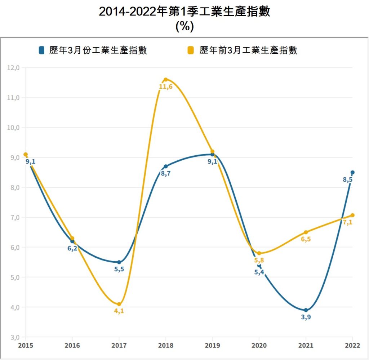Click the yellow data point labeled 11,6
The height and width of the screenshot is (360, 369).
[166, 80]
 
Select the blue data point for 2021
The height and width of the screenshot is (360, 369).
[306, 310]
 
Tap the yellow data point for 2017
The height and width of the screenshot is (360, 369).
[119, 304]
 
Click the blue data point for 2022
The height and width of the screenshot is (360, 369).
[352, 172]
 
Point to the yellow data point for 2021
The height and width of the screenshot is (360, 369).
[306, 232]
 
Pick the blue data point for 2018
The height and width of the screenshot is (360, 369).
[166, 166]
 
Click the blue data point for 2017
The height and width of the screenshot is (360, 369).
[119, 262]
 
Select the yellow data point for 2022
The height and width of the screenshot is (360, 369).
[352, 215]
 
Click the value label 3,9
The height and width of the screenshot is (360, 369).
[306, 317]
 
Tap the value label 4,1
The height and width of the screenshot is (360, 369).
[119, 311]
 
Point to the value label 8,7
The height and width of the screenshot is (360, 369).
[166, 174]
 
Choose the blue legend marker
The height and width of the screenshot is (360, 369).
[42, 50]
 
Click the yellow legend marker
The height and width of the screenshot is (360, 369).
[191, 50]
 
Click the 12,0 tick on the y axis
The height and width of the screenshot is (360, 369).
[15, 68]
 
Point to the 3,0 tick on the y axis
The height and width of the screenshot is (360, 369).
[15, 337]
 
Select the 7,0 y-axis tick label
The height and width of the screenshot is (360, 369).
[15, 218]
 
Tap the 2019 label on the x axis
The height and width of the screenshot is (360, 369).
[212, 345]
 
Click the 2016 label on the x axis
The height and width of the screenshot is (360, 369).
[72, 345]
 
